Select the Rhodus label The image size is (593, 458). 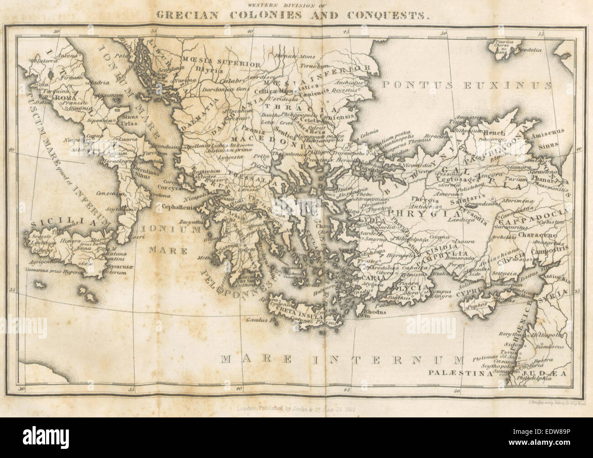pos(375,312)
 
